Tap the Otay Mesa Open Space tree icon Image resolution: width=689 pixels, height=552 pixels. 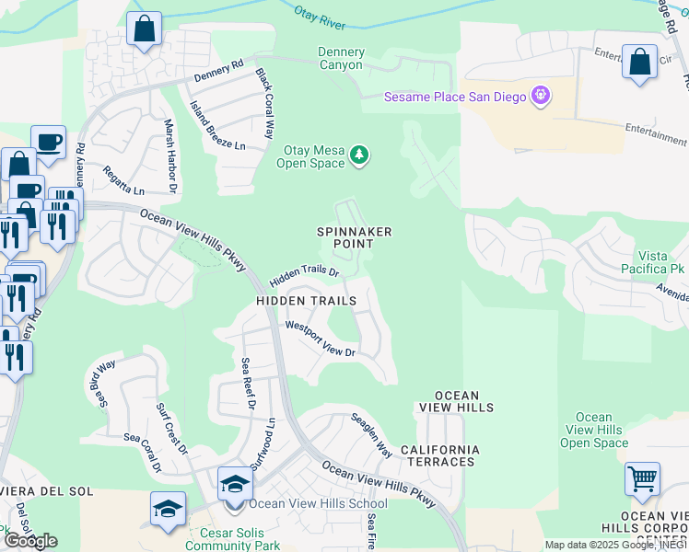pyautogui.click(x=360, y=156)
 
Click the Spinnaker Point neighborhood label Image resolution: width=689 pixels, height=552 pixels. pyautogui.click(x=346, y=236)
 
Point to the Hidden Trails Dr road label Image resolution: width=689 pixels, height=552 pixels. pyautogui.click(x=305, y=273)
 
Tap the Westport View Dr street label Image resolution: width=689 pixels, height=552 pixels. pyautogui.click(x=320, y=339)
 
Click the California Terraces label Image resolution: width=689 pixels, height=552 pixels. pyautogui.click(x=439, y=456)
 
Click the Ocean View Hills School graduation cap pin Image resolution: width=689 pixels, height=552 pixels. pyautogui.click(x=235, y=485)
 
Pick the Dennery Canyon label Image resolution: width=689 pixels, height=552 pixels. pyautogui.click(x=341, y=59)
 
